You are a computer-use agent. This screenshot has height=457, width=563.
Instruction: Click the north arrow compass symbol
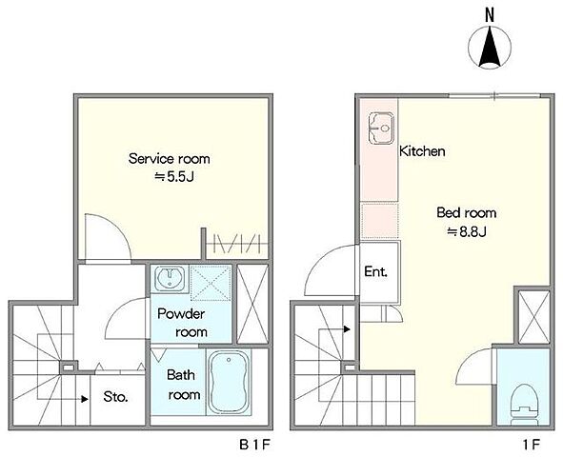(490, 47)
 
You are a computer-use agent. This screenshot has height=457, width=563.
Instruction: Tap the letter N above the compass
(490, 14)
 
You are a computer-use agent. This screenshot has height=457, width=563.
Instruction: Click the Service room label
(170, 159)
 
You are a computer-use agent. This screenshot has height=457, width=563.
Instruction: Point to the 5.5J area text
(174, 176)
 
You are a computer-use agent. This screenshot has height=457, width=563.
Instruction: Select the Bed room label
(467, 212)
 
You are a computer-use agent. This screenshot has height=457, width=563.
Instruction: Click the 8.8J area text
(467, 231)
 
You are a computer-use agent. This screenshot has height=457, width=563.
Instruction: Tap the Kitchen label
(422, 151)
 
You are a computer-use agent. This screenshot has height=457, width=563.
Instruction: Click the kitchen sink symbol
(381, 129)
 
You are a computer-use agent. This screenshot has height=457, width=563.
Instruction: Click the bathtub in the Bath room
(229, 382)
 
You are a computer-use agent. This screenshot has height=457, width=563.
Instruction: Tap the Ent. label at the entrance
(376, 271)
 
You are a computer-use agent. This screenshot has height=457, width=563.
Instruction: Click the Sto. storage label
(115, 397)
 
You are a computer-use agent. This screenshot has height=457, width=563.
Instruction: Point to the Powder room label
(182, 323)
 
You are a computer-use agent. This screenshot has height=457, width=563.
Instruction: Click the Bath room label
(184, 385)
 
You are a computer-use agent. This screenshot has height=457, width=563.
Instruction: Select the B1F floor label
(254, 446)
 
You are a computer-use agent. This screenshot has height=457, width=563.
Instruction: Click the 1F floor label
(532, 446)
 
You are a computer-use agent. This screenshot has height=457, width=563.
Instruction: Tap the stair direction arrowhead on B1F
(85, 399)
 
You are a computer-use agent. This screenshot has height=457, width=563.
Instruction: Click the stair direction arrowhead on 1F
(347, 328)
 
